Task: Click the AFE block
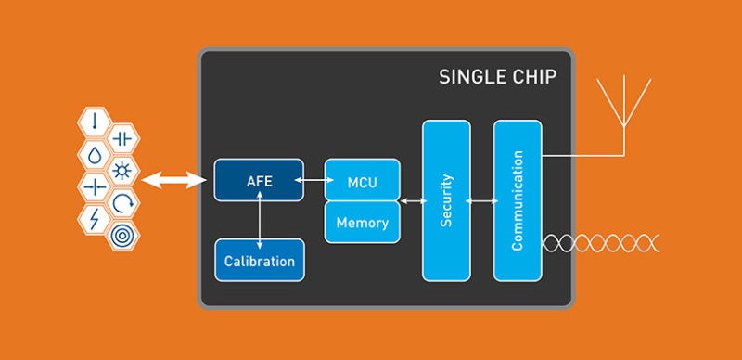[x=259, y=180]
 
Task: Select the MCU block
[x=363, y=180]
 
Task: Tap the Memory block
[x=363, y=222]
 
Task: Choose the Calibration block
[x=260, y=261]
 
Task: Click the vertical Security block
[x=446, y=200]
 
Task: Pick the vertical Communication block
[x=518, y=200]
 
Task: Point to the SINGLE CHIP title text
[x=497, y=77]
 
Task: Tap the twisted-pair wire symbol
[x=600, y=243]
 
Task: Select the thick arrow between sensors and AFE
[x=174, y=180]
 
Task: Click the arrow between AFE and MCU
[x=314, y=180]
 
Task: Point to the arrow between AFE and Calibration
[x=260, y=220]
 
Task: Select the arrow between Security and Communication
[x=482, y=201]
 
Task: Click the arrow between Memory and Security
[x=413, y=201]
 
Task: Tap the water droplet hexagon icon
[x=95, y=155]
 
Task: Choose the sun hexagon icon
[x=122, y=171]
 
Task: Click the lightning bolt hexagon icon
[x=95, y=219]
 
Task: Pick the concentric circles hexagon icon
[x=122, y=236]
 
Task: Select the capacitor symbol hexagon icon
[x=122, y=139]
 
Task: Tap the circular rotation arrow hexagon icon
[x=122, y=203]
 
